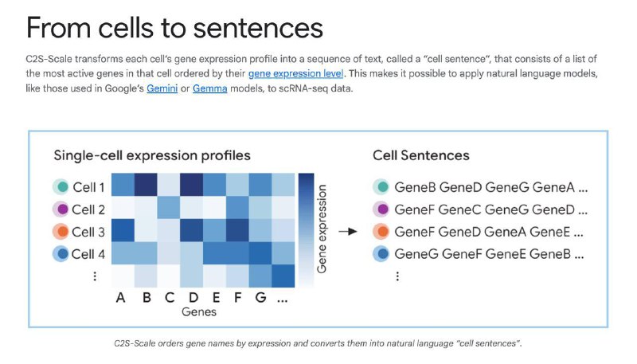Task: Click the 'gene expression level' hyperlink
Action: (295, 73)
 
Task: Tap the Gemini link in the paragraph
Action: (162, 88)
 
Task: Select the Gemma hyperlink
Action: (209, 88)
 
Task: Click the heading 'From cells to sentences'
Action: (174, 28)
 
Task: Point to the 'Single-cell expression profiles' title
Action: (152, 155)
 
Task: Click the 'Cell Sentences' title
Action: (421, 155)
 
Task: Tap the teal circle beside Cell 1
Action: (62, 187)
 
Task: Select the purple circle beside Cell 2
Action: (62, 209)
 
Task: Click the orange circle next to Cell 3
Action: (62, 232)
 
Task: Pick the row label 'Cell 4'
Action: (88, 254)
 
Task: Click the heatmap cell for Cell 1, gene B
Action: (146, 185)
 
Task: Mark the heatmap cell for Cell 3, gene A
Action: (123, 230)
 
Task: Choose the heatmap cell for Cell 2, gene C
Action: (169, 208)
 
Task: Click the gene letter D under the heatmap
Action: (193, 298)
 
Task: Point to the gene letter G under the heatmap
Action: (261, 298)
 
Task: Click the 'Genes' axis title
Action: (199, 312)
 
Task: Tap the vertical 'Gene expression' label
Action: (322, 229)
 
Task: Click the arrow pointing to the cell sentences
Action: (348, 232)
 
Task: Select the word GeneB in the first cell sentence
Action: (415, 187)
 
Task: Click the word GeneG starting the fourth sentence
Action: (416, 254)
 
